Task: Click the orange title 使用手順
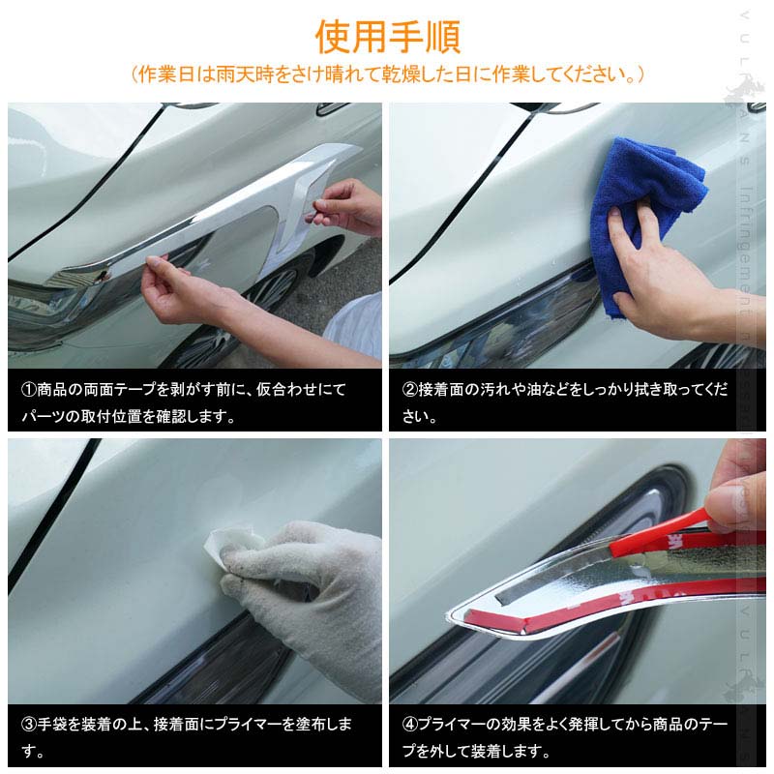pos(387,36)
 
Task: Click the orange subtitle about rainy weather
pos(387,74)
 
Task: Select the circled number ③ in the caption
pos(29,724)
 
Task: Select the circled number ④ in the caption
pos(411,724)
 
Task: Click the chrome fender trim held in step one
pos(232,218)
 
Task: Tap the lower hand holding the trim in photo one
pos(184,295)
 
